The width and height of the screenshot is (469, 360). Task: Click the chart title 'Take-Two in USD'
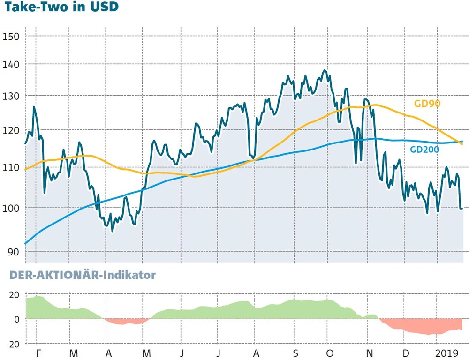pos(61,8)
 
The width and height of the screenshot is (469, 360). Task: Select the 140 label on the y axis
pos(11,65)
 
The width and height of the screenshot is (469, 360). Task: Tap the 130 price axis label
pos(11,97)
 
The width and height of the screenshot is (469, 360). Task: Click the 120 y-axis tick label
pos(11,131)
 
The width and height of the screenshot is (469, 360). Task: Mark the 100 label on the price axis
pos(11,208)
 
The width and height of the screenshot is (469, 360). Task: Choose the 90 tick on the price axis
pos(13,251)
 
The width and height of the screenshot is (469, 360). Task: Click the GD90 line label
pos(427,104)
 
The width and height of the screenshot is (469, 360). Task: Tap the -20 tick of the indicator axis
pos(13,344)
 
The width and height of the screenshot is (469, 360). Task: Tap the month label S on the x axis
pos(295,352)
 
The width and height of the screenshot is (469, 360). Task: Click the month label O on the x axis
pos(330,352)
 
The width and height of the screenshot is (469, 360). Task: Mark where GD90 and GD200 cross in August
pos(254,160)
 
